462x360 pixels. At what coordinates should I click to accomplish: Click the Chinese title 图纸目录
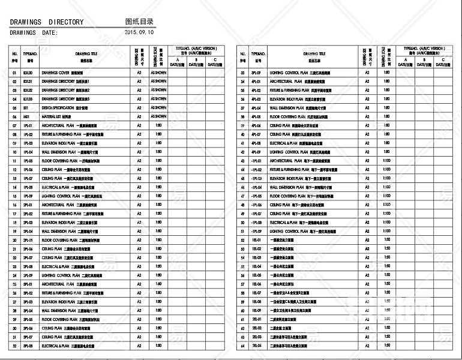(x=139, y=22)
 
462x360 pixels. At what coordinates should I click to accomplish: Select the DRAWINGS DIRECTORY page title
(x=47, y=22)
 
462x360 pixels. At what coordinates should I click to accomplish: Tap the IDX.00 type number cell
(x=27, y=73)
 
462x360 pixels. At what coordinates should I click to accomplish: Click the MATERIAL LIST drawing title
(x=58, y=116)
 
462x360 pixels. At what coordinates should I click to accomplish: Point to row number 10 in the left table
(x=14, y=152)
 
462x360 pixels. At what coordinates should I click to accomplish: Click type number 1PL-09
(x=27, y=196)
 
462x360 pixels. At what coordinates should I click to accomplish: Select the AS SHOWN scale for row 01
(x=158, y=73)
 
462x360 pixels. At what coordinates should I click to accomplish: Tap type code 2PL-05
(x=27, y=240)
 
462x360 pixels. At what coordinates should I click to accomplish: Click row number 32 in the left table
(x=14, y=346)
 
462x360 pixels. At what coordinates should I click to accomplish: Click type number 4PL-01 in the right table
(x=256, y=82)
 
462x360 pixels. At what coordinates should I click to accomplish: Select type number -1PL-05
(x=256, y=196)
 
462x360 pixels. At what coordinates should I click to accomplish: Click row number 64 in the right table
(x=242, y=346)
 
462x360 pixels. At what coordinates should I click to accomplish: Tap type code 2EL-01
(x=256, y=319)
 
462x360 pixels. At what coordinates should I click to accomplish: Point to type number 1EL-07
(x=256, y=293)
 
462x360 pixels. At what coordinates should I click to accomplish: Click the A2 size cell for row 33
(x=367, y=73)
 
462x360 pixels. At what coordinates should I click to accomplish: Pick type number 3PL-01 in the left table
(x=27, y=284)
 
